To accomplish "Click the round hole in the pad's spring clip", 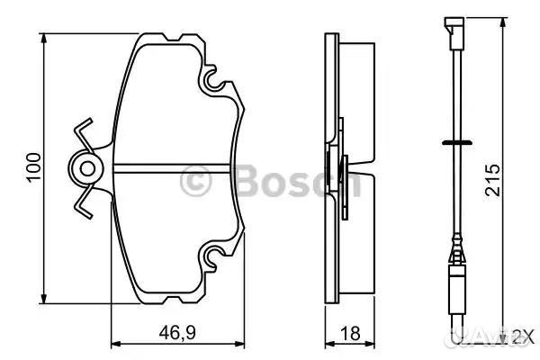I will click(x=86, y=168).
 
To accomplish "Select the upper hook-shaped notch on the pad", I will click(x=213, y=83).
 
